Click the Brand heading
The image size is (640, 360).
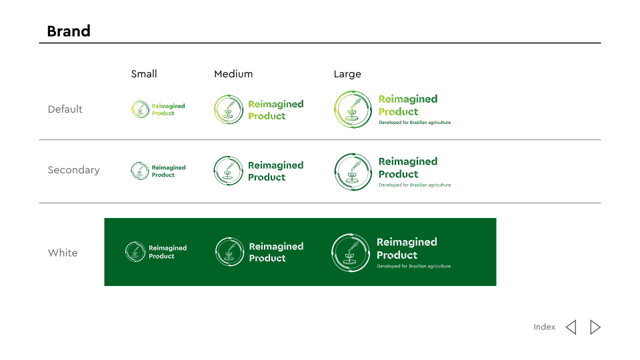69,31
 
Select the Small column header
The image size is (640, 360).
144,74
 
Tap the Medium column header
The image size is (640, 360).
233,74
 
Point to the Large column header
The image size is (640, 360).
347,74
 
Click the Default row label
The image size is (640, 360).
65,109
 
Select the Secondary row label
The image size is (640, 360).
73,170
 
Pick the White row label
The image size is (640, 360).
63,253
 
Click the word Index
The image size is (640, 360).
545,327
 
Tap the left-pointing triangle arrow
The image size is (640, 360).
571,327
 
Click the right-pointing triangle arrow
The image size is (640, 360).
595,327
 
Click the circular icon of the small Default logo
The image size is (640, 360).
140,109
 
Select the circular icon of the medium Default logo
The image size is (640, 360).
229,109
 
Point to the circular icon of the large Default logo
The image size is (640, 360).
353,109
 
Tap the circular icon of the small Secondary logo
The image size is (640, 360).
139,171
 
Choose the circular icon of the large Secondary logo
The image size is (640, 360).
353,172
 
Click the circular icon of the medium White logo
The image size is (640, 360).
230,252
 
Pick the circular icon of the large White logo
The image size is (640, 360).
351,253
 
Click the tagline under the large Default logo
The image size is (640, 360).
415,123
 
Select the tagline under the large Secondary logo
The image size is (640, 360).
415,185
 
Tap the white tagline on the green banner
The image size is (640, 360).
414,266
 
